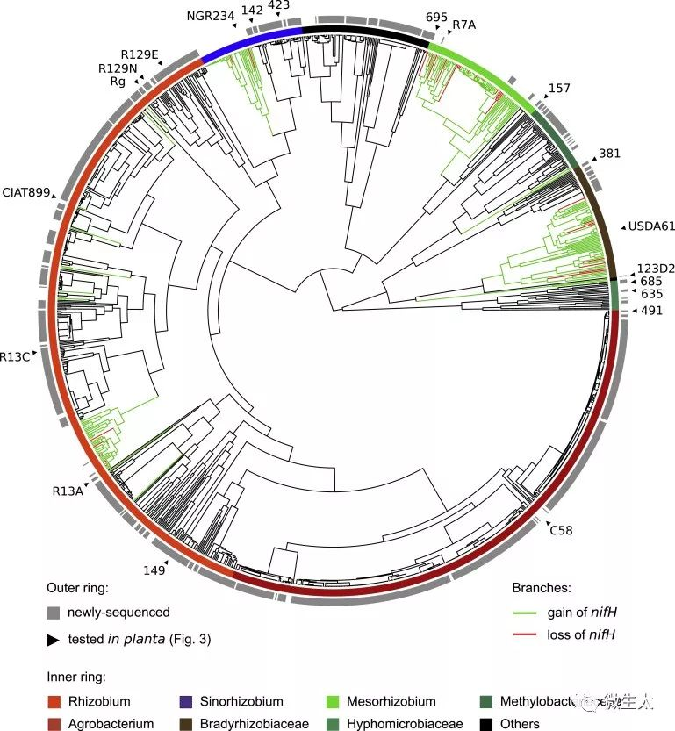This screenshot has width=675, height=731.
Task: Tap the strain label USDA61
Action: point(650,226)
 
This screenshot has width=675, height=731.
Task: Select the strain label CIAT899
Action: point(25,191)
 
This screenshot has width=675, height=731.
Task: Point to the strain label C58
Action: point(560,530)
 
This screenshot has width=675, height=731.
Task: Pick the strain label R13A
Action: point(67,491)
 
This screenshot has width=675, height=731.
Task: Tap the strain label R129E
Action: point(140,54)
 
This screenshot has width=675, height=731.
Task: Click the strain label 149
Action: point(154,570)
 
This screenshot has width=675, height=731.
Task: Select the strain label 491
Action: point(651,311)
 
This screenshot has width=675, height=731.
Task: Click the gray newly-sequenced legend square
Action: point(54,612)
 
